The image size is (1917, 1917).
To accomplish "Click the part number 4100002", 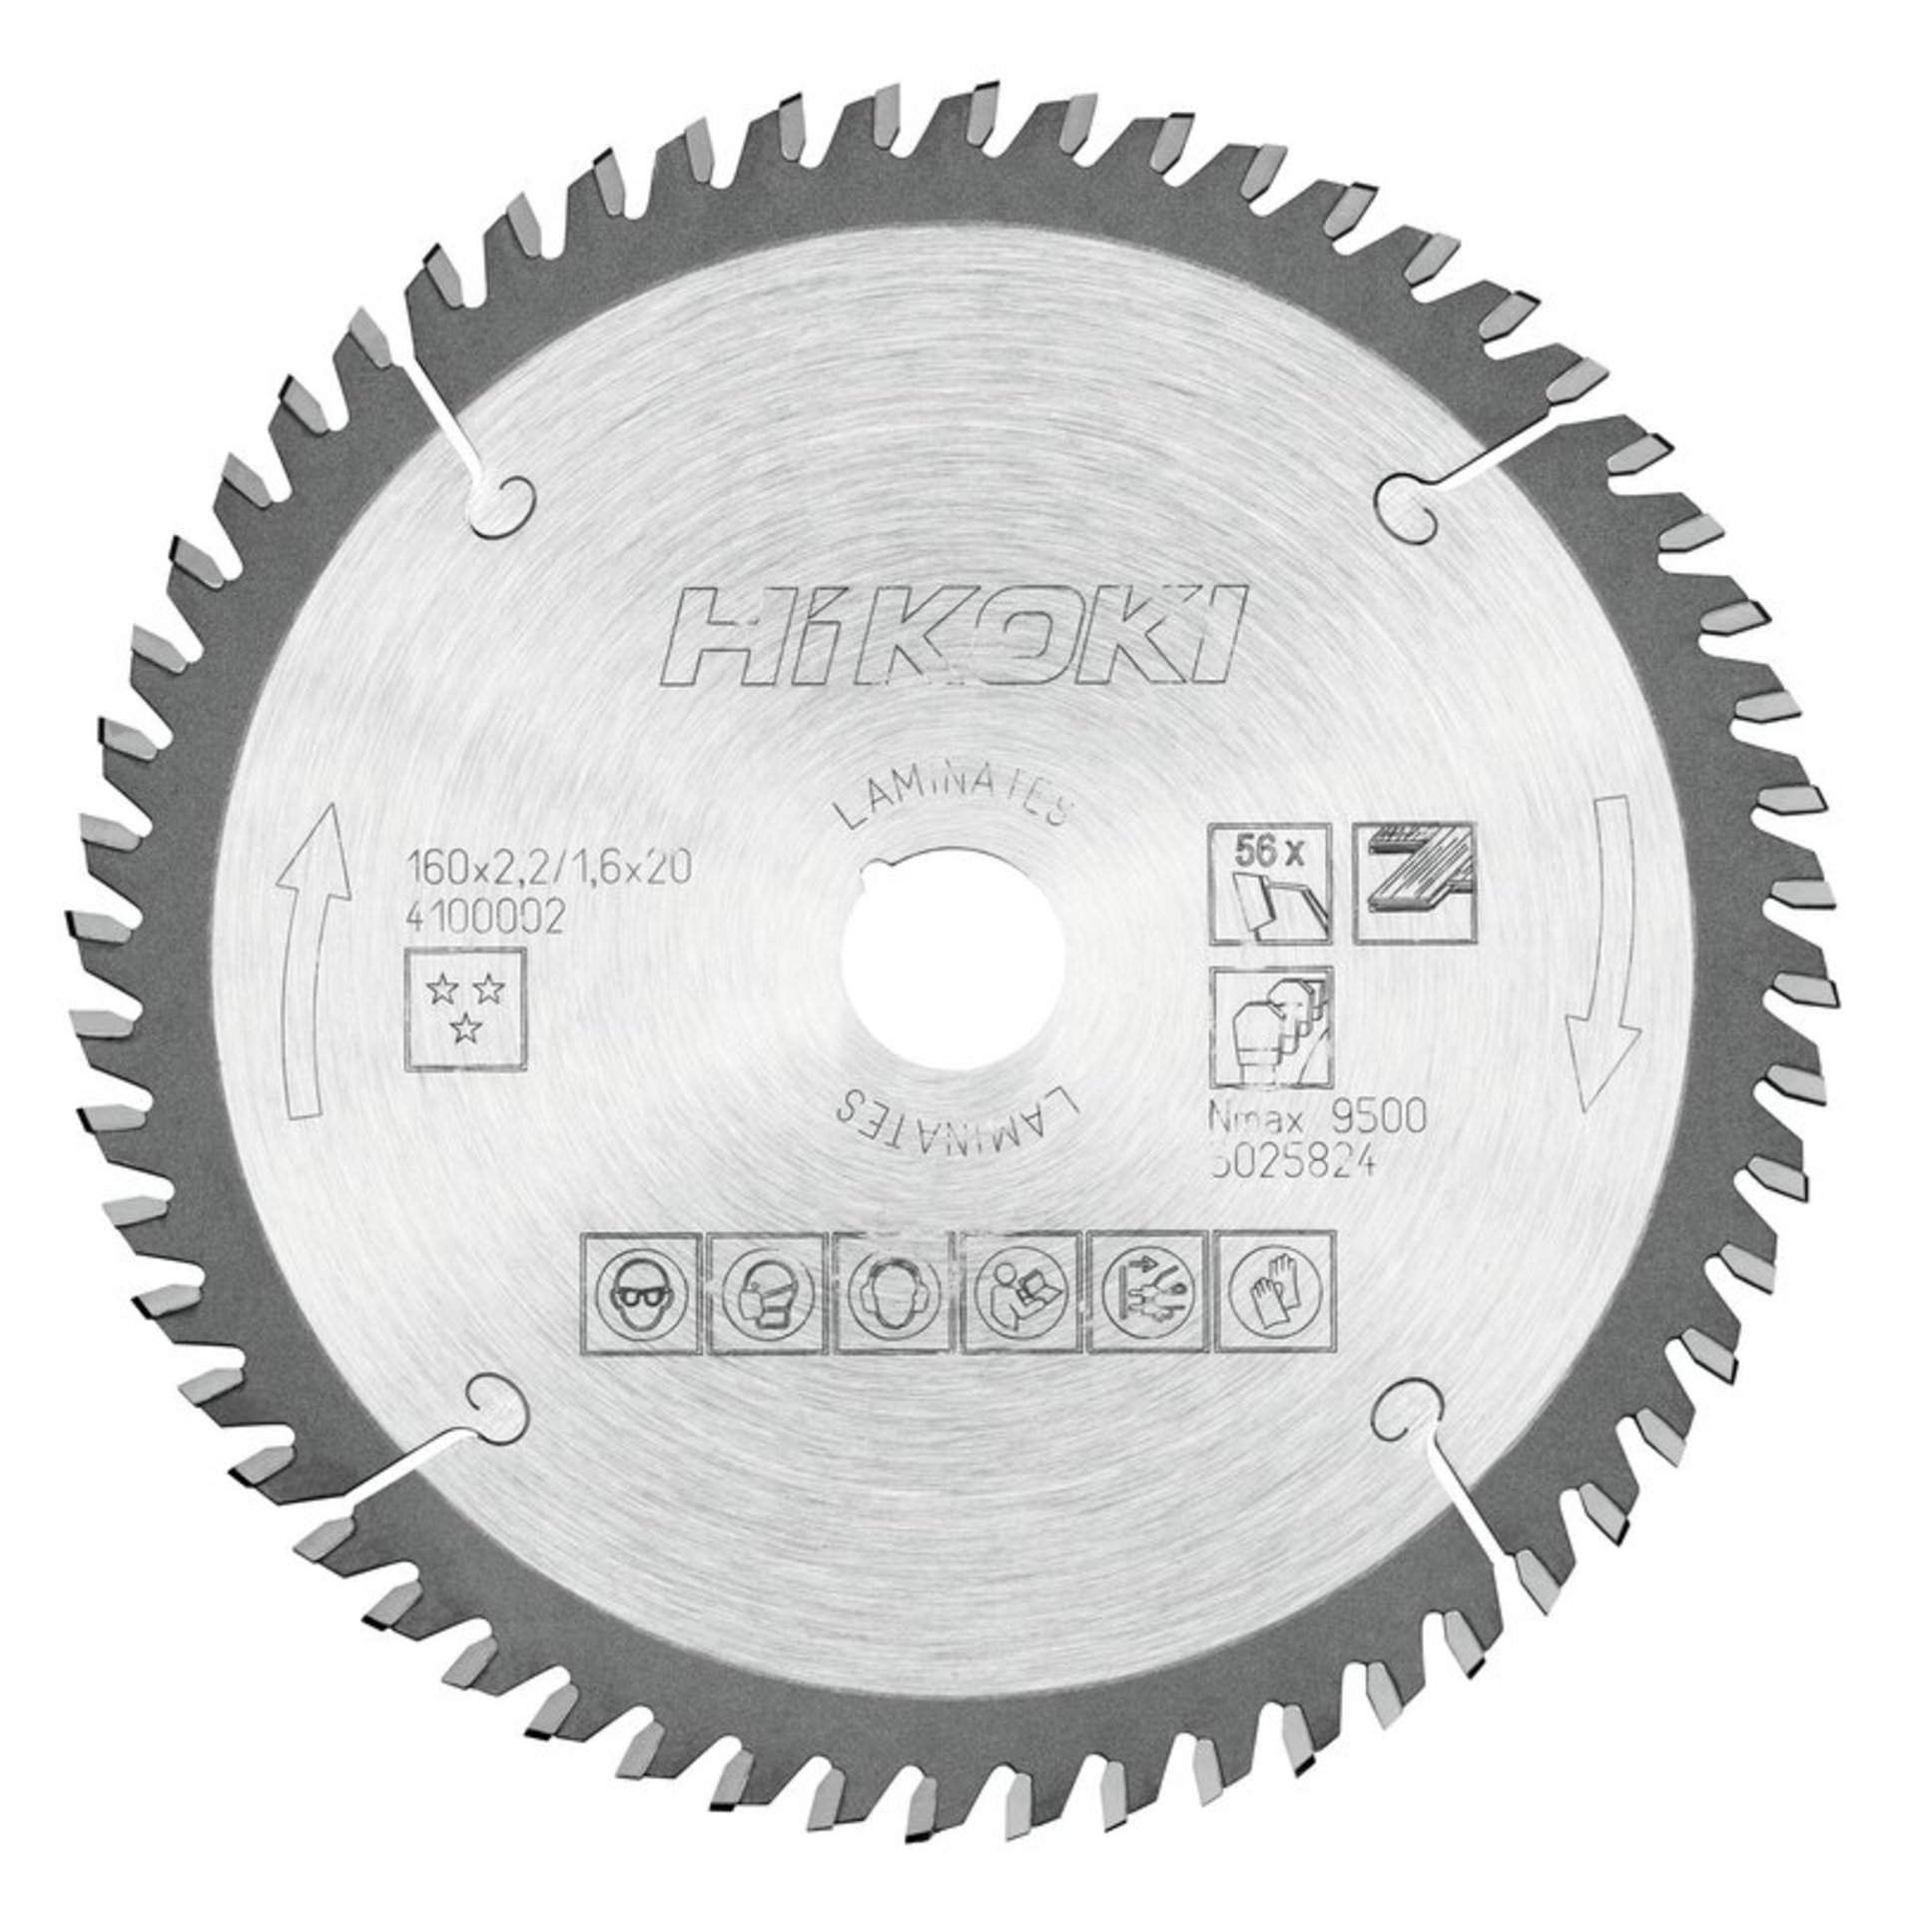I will click(x=488, y=918).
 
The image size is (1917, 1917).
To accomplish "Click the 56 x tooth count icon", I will click(x=1269, y=884).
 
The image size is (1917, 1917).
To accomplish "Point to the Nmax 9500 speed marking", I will click(x=1316, y=1117).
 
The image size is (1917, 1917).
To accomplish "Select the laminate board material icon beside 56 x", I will click(x=1412, y=884).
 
